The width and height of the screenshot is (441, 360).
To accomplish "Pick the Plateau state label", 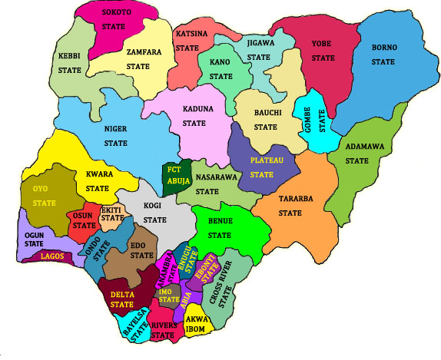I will tap(266, 167).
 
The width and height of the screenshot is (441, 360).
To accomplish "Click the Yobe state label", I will tap(323, 51).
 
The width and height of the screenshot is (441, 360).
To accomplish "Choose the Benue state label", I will tap(220, 228).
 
